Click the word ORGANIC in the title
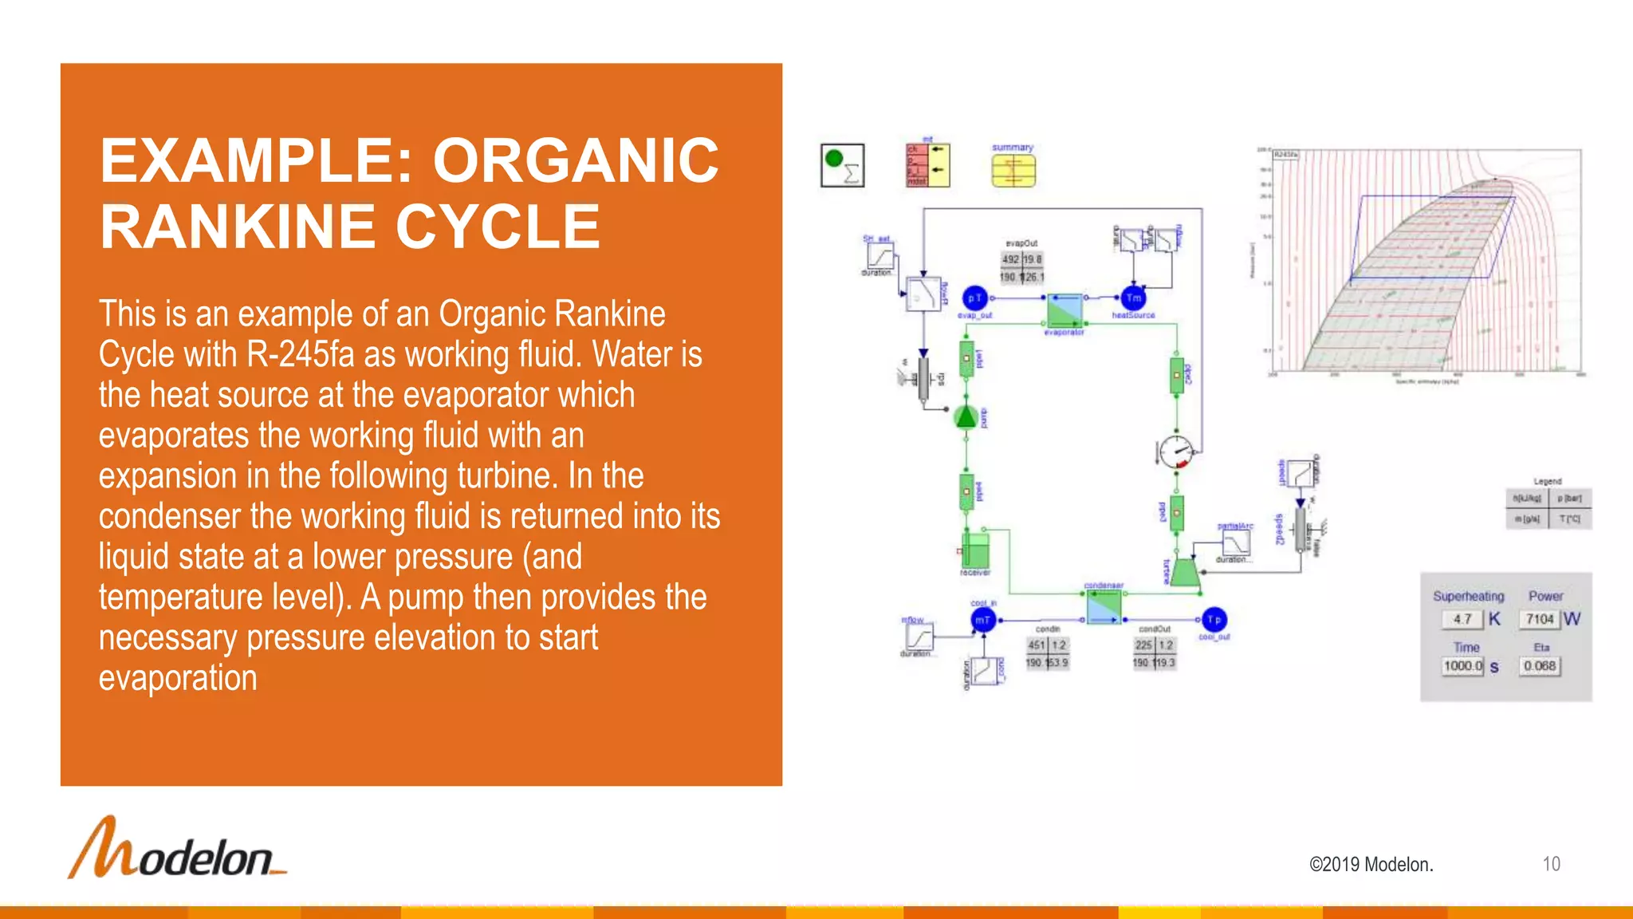click(x=576, y=160)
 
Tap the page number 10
click(x=1551, y=864)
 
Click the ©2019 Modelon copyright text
click(x=1371, y=865)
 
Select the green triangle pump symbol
click(x=966, y=417)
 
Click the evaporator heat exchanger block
click(x=1064, y=310)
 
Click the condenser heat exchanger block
click(x=1104, y=608)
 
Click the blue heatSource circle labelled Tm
click(x=1133, y=298)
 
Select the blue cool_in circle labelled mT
click(x=983, y=620)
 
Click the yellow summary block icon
click(x=1013, y=170)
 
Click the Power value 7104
click(x=1540, y=619)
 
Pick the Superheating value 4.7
click(x=1462, y=619)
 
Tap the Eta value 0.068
click(x=1539, y=666)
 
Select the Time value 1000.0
click(x=1462, y=666)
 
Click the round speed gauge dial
click(x=1175, y=452)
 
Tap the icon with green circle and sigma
click(x=842, y=165)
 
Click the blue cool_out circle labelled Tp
click(x=1214, y=620)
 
